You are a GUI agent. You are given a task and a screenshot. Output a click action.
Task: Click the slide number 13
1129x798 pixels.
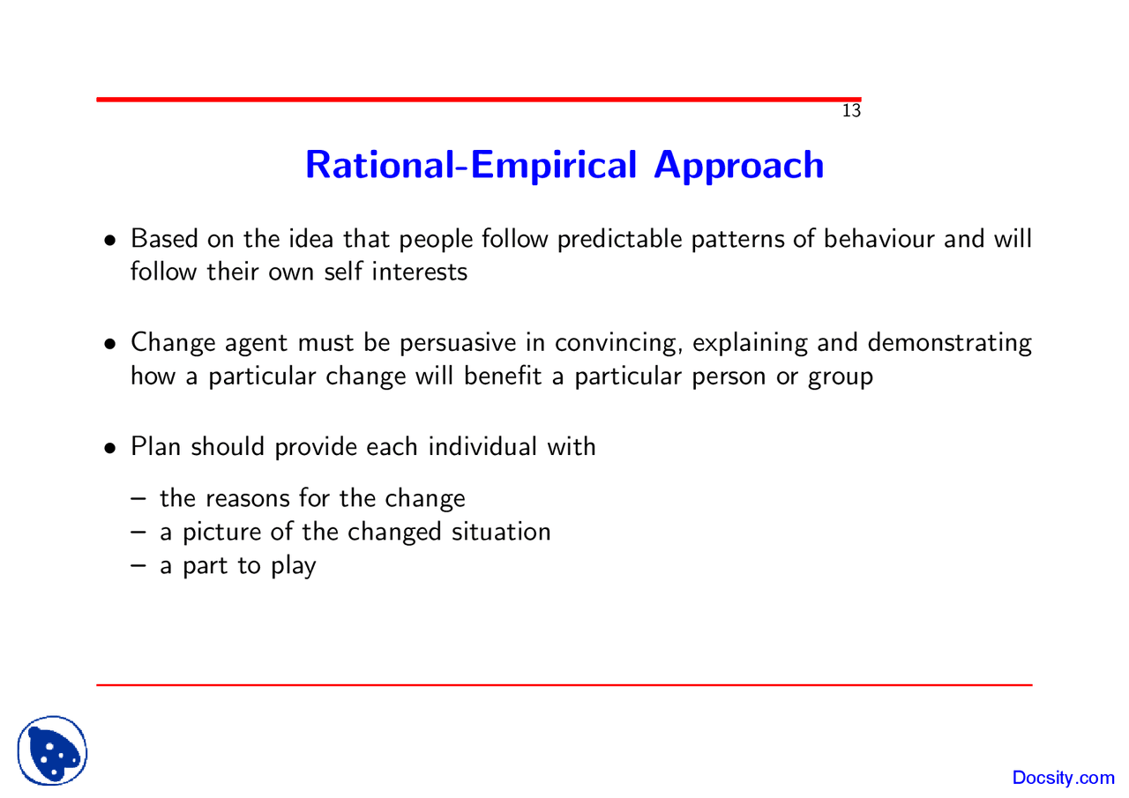[851, 111]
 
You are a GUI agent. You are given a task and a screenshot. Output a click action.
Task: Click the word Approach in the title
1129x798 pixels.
[739, 166]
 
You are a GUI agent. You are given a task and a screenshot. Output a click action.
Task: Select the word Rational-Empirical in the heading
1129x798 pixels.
[471, 166]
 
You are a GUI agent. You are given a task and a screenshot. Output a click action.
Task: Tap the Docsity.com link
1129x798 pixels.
[1064, 778]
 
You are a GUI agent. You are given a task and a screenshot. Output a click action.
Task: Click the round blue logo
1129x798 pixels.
[52, 750]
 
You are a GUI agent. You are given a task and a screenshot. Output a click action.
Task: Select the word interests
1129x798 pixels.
[419, 272]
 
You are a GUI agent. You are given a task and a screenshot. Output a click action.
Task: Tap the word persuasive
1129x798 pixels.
[458, 344]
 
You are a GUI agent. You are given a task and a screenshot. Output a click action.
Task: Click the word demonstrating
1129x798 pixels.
[950, 344]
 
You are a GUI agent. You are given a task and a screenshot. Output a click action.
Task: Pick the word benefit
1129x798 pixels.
[503, 377]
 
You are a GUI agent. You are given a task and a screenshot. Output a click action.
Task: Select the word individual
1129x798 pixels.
[482, 447]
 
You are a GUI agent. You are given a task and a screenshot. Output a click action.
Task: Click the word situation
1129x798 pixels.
[501, 532]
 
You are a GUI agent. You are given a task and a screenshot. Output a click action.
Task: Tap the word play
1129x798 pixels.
[294, 566]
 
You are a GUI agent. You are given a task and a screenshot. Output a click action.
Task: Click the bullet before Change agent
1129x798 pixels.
[110, 345]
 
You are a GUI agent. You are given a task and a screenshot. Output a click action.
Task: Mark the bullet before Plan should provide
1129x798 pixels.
[110, 448]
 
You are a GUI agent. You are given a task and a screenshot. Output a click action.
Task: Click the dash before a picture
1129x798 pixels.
[138, 533]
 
